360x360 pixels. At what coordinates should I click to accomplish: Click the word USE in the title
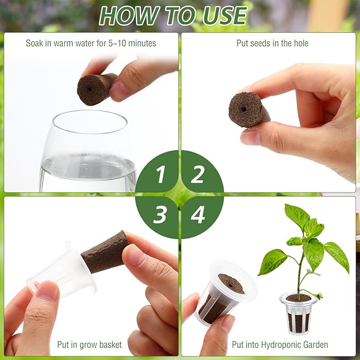click(222, 15)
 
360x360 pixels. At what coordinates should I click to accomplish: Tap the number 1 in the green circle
click(160, 174)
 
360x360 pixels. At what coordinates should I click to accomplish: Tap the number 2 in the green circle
click(198, 174)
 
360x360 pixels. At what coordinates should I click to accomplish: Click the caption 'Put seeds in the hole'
click(272, 43)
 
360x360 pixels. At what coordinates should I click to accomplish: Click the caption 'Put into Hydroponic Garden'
click(279, 345)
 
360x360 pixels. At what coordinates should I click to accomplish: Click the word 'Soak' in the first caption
click(35, 43)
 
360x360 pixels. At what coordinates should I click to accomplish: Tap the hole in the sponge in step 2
click(243, 108)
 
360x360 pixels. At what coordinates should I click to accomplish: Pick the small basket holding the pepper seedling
click(298, 312)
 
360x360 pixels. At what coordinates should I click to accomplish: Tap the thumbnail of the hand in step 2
click(252, 136)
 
